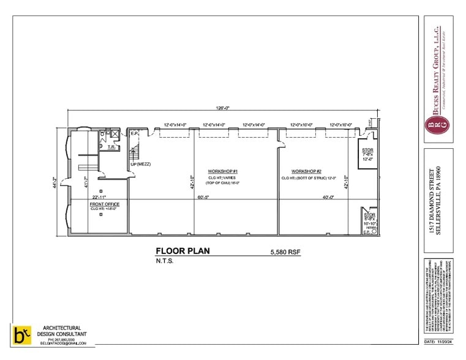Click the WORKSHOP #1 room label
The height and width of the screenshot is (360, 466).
(222, 171)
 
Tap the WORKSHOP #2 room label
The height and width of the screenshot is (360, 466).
(306, 171)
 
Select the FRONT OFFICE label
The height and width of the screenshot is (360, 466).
(105, 204)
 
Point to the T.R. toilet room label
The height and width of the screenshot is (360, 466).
(112, 147)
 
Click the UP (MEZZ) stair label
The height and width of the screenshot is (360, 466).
(141, 164)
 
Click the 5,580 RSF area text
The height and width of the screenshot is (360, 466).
(285, 252)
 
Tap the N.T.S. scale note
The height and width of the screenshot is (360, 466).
(165, 261)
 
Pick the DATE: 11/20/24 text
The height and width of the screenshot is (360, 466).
(438, 340)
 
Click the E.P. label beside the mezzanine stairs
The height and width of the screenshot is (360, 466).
(135, 133)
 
